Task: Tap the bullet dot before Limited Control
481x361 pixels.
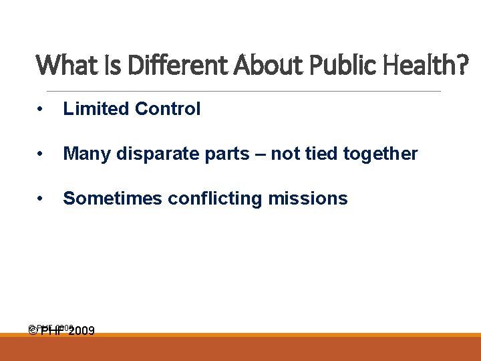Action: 41,110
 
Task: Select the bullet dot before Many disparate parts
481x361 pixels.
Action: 41,154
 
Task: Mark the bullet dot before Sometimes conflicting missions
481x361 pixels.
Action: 41,199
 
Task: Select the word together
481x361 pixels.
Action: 380,154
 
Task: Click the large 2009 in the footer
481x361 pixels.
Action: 81,331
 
